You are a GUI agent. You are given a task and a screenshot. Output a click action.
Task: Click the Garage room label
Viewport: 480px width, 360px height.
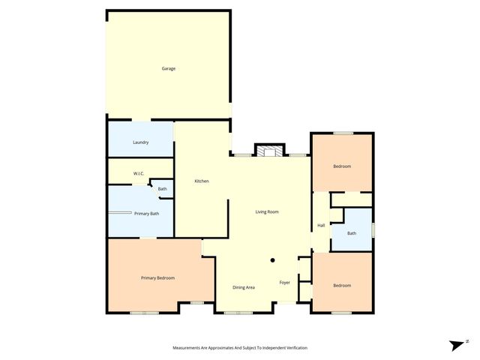[169, 68]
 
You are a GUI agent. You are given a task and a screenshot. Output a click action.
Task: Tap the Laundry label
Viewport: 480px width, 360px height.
[140, 142]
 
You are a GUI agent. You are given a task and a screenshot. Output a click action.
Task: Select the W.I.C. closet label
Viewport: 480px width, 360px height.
[139, 173]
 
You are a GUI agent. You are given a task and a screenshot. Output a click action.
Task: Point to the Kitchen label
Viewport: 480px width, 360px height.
[201, 181]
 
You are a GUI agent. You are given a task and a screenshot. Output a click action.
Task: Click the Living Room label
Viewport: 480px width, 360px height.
[267, 212]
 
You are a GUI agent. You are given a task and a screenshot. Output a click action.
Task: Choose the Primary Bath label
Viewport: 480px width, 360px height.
[147, 214]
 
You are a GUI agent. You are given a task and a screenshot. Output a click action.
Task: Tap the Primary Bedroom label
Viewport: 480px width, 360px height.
[157, 278]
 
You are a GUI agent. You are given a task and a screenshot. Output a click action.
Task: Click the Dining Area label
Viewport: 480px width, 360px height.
[244, 287]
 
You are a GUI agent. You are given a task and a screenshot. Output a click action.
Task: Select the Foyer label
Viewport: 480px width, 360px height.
[285, 283]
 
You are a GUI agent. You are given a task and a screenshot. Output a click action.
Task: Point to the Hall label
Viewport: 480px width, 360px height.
[321, 225]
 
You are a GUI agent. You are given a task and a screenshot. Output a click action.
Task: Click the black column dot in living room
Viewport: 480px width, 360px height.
[273, 261]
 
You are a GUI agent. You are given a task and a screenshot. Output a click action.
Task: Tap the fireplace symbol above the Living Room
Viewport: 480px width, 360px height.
[269, 150]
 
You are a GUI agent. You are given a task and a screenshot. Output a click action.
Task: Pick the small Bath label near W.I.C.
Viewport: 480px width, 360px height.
[162, 189]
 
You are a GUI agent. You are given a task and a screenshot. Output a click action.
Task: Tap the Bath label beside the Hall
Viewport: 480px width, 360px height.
[352, 233]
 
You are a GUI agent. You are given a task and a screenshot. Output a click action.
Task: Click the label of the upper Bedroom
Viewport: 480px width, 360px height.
[342, 166]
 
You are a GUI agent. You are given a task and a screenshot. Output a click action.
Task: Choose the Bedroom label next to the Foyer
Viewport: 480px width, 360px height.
[342, 285]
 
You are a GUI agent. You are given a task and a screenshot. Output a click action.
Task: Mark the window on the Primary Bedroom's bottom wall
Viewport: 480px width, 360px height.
[140, 313]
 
